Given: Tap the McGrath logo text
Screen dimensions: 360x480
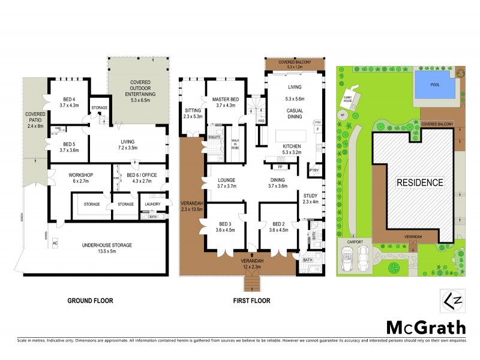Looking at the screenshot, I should point(425,328).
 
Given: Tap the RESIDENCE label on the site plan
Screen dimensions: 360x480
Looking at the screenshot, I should point(419,182).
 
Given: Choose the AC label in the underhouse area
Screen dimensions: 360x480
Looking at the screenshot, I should point(55,245).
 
